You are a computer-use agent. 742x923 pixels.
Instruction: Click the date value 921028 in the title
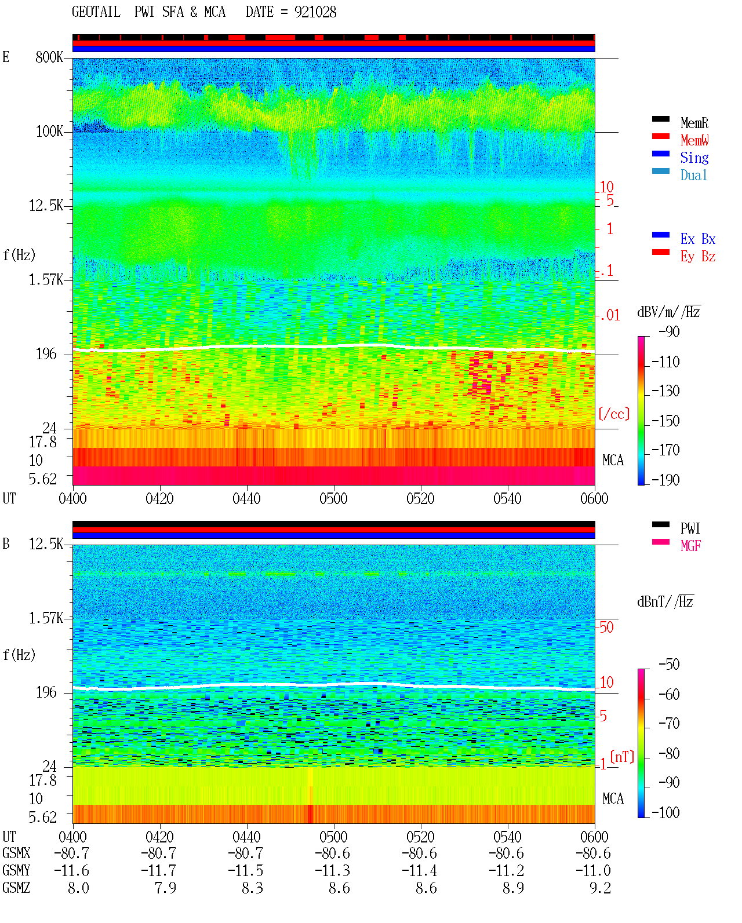point(315,12)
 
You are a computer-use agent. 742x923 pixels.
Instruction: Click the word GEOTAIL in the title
point(96,12)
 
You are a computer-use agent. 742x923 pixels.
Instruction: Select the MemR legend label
point(694,123)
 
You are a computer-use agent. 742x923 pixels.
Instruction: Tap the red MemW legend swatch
point(660,136)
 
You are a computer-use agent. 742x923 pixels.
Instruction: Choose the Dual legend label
point(694,175)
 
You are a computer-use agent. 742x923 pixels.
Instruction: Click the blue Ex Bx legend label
point(698,239)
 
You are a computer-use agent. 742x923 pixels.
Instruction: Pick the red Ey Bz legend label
point(698,257)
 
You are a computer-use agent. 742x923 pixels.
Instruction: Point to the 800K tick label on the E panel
point(49,57)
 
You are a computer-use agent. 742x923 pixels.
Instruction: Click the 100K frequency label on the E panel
point(49,132)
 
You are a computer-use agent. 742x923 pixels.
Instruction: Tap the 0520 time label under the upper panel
point(421,499)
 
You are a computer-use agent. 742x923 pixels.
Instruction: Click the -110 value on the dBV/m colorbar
point(665,362)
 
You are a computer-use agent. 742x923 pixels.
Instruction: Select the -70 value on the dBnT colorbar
point(669,724)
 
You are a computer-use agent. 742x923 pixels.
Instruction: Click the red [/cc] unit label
point(614,414)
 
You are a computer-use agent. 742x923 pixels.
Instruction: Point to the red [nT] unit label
point(622,757)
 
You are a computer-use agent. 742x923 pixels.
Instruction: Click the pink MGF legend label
point(690,546)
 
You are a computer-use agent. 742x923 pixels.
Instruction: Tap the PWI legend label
point(690,528)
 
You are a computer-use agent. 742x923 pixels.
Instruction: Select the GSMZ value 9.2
point(600,888)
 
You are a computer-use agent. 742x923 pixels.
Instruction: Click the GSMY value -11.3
point(333,871)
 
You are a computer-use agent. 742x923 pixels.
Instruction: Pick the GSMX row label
point(16,853)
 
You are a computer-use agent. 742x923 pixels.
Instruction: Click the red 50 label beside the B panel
point(606,628)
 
